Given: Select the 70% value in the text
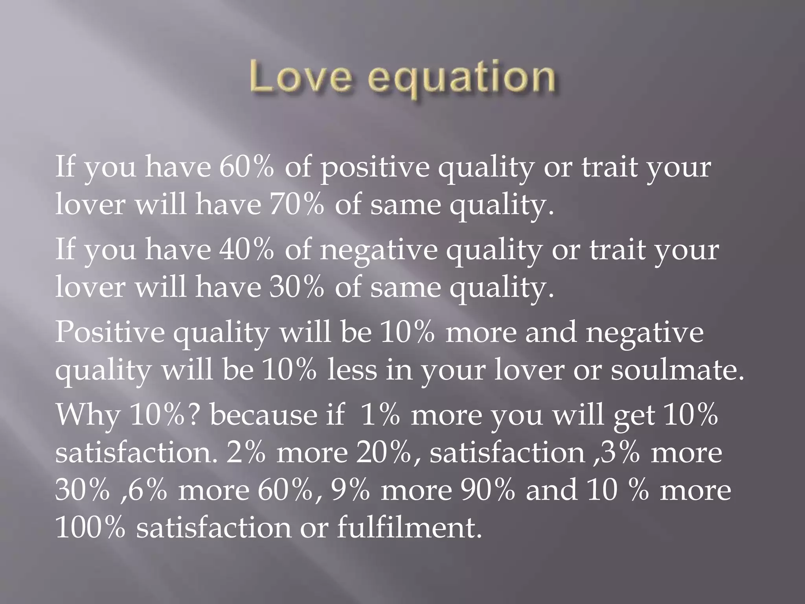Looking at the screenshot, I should click(297, 205).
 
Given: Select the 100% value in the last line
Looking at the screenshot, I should click(90, 527).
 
